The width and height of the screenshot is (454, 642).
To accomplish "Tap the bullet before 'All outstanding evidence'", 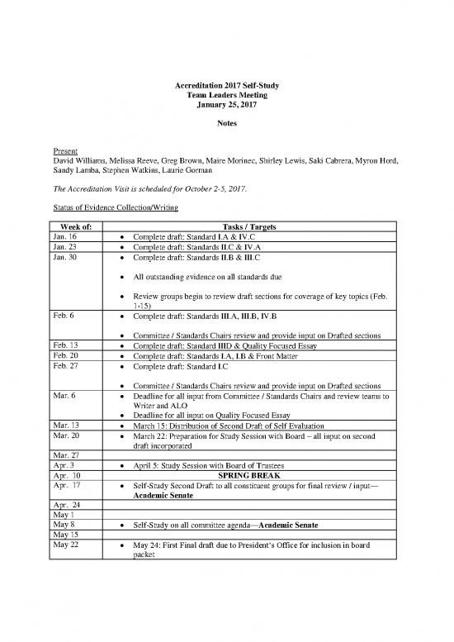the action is (122, 276).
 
